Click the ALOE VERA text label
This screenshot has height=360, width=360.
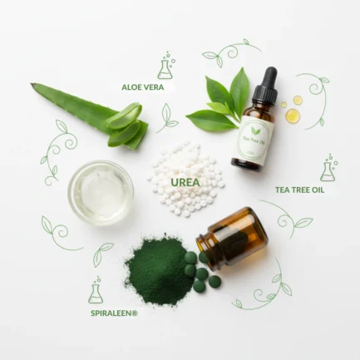[143, 87]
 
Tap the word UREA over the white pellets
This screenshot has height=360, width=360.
[185, 182]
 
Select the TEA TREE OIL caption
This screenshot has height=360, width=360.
[299, 190]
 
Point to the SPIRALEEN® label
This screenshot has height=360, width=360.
[114, 313]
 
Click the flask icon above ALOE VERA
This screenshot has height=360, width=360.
[166, 65]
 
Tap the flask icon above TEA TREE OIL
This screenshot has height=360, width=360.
[329, 168]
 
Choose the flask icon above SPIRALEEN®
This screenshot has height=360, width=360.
[96, 290]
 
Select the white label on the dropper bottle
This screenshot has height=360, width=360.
[254, 142]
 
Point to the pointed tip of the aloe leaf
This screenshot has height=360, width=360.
[32, 84]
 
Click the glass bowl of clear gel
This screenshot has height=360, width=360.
[101, 193]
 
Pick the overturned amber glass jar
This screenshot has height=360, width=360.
[232, 239]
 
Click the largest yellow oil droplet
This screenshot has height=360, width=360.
[293, 116]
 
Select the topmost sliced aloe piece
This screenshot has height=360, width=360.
[124, 116]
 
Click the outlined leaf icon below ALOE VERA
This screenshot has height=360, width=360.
[166, 118]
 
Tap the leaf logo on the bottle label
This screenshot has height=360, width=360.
[255, 131]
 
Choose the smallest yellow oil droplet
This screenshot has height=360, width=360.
[284, 105]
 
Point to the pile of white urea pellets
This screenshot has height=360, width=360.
[185, 180]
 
